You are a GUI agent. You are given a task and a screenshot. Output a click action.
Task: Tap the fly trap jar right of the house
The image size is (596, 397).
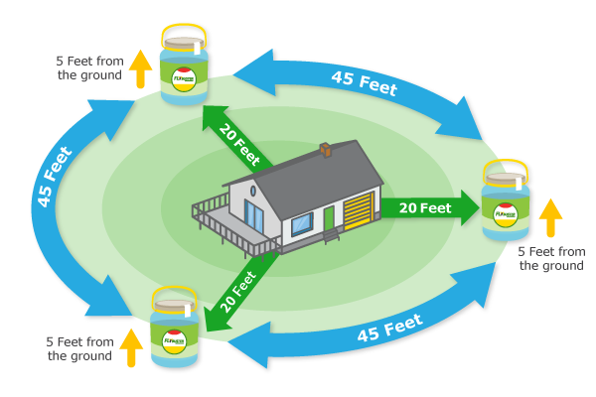point(506,206)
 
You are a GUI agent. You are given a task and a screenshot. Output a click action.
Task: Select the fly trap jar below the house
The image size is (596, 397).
point(174,329)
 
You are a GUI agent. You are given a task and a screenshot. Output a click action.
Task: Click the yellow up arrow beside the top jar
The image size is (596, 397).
point(141,66)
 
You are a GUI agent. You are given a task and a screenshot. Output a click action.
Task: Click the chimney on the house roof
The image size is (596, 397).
point(325,151)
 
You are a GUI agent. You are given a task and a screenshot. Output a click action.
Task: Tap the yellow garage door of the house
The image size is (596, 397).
point(358,211)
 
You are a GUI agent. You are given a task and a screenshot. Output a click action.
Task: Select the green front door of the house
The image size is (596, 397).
point(329,218)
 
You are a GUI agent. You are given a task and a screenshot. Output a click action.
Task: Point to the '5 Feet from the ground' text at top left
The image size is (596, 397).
point(90,67)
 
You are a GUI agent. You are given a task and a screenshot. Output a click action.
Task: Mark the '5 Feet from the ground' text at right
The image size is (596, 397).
point(551,258)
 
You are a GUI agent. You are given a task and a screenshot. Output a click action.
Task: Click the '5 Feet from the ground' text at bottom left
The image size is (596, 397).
point(79,348)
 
